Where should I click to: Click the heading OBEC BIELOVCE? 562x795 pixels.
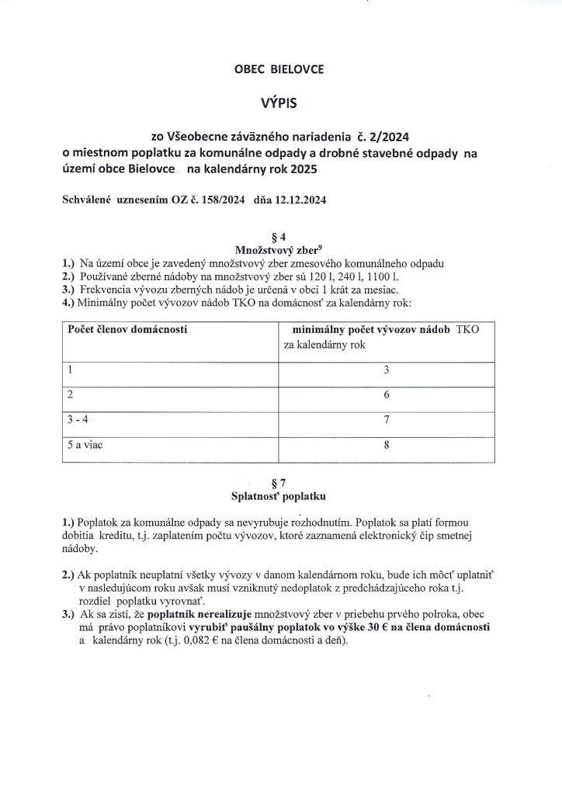279,69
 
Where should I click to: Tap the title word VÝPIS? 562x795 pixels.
279,102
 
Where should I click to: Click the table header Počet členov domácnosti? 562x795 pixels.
127,330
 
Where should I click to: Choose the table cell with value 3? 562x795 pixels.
385,370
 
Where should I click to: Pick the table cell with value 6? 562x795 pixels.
385,395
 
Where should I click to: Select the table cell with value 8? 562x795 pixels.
385,446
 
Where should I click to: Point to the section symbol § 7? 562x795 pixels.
279,482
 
